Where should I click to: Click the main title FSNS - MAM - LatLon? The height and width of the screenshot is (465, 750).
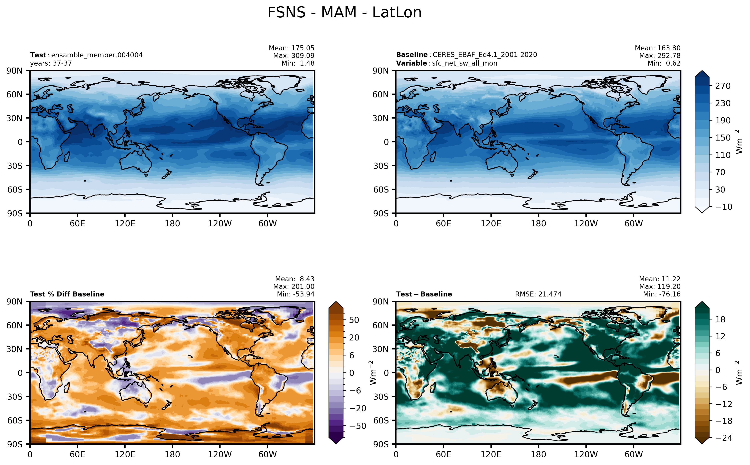(x=344, y=13)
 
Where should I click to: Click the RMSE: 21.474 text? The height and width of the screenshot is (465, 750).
(x=538, y=294)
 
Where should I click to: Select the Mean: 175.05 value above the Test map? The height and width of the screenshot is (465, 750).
(x=292, y=48)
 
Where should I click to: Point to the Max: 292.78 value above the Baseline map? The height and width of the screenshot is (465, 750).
(x=660, y=56)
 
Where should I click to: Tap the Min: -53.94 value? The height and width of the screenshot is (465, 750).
(x=296, y=294)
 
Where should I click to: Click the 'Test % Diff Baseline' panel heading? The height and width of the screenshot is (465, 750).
(x=67, y=294)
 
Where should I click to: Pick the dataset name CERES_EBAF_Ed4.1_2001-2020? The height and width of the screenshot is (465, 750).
(x=485, y=55)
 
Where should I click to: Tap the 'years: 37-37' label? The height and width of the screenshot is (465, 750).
(x=51, y=63)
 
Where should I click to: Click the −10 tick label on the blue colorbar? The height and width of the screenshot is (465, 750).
(x=724, y=207)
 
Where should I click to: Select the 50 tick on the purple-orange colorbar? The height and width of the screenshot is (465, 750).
(x=354, y=320)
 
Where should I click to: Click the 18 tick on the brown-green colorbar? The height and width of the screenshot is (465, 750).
(x=720, y=319)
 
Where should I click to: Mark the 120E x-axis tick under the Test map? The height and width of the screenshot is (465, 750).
(x=125, y=224)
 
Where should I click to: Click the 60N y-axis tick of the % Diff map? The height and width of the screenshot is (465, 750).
(x=15, y=325)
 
